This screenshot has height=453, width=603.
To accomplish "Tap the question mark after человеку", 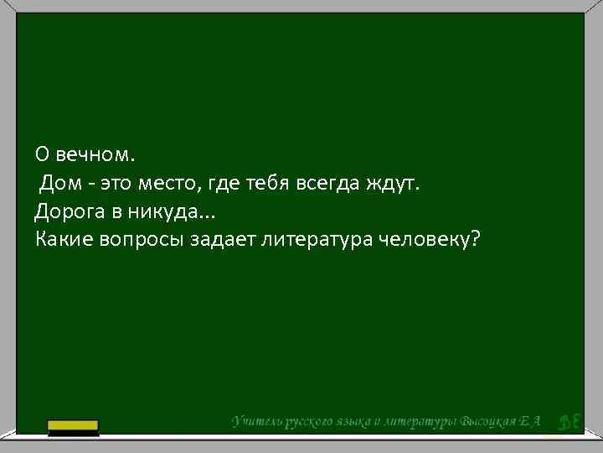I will coord(476,240).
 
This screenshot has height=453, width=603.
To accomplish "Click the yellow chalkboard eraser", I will coord(73,428).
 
